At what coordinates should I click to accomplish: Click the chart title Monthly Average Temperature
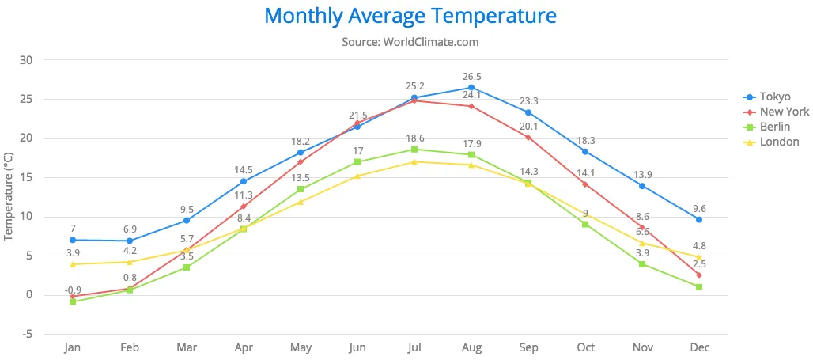(410, 16)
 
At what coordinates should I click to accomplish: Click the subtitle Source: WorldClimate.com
(410, 41)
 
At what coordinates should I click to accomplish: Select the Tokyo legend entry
(774, 97)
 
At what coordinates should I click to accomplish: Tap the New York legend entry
(784, 112)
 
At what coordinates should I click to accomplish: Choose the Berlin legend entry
(773, 127)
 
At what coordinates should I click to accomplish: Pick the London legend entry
(779, 142)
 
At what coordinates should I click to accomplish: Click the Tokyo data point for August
(471, 88)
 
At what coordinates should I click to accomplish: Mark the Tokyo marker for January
(73, 240)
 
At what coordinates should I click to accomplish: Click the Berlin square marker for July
(414, 150)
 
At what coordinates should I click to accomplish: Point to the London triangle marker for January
(73, 264)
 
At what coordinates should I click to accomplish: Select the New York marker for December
(699, 275)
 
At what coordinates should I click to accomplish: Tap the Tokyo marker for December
(699, 220)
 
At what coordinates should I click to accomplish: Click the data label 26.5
(471, 77)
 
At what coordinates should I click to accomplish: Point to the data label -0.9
(73, 290)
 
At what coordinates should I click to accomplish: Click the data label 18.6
(414, 138)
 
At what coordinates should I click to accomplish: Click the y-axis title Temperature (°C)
(9, 198)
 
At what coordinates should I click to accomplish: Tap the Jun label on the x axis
(357, 347)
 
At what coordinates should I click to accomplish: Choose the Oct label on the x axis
(585, 347)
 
